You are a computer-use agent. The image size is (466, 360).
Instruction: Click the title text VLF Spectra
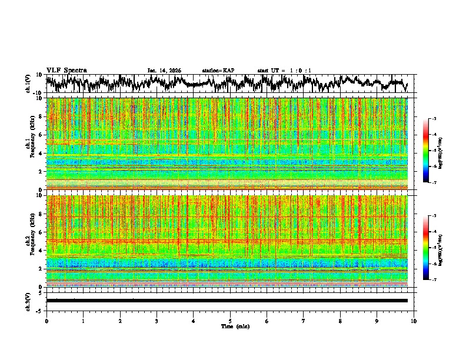[66, 70]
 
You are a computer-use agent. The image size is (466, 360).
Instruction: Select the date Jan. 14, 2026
[164, 71]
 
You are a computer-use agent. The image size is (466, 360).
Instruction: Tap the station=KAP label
[218, 71]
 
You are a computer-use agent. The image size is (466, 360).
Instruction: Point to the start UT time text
[284, 71]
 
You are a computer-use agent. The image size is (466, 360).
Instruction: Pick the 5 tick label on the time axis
[230, 321]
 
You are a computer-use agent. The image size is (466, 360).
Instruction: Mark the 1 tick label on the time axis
[83, 321]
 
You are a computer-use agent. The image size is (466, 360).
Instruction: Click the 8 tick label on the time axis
[340, 321]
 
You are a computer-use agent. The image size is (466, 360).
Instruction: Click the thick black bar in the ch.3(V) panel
[227, 301]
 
